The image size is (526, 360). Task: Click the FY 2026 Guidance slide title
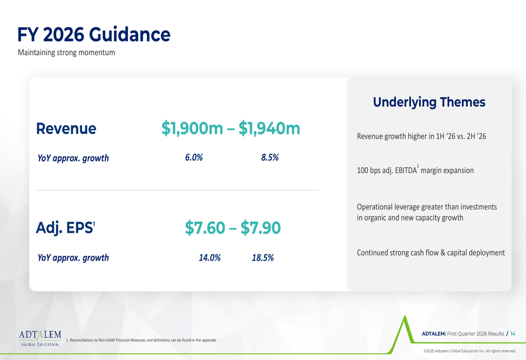pos(94,35)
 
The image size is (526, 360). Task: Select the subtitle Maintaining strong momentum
pos(66,53)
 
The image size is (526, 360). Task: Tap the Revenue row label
pos(66,129)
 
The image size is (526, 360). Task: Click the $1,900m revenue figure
pos(192,128)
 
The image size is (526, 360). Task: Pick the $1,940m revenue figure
pos(269,128)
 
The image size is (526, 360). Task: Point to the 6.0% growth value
pos(194,158)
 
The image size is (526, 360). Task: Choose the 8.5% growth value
pos(270,158)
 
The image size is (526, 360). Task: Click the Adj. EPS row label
pos(65,228)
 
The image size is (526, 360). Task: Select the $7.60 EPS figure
pos(205,228)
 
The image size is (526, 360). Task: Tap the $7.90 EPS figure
pos(261,228)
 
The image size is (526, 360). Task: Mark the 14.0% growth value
pos(210,258)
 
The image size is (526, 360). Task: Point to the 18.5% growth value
pos(262,258)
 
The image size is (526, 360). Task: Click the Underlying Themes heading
pos(429,102)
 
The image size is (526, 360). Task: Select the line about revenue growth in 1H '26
pos(421,137)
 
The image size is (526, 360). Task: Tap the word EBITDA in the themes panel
pos(406,170)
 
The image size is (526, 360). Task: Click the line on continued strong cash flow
pos(431,253)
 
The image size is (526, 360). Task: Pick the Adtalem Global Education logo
pos(40,338)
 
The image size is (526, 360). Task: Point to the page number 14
pos(512,334)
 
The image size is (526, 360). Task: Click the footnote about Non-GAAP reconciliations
pos(141,340)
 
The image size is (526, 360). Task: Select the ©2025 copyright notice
pos(469,351)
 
